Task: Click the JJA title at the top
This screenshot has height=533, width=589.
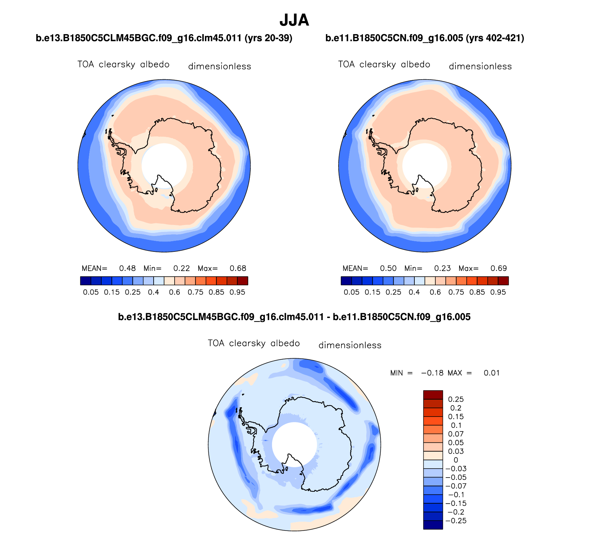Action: (x=294, y=20)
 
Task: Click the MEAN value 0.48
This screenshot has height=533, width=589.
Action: (x=127, y=268)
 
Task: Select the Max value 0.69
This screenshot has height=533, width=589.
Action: (x=498, y=268)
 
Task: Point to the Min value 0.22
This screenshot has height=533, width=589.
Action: (x=182, y=268)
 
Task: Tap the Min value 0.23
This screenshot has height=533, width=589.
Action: (x=442, y=268)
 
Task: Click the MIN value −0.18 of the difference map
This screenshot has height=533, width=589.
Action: (x=432, y=373)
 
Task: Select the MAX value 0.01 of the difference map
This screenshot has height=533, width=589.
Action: (x=492, y=373)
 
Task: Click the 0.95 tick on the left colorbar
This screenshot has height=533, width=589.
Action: (x=237, y=292)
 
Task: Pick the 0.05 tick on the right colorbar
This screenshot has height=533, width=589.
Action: (x=351, y=292)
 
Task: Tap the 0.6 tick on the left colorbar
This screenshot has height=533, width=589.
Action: (x=175, y=292)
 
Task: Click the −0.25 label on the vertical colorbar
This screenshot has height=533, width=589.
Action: (x=456, y=521)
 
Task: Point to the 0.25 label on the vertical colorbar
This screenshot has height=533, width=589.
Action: (x=456, y=399)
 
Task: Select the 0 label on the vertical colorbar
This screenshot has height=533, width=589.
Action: (x=456, y=460)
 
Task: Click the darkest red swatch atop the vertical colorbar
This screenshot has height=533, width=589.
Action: (x=433, y=394)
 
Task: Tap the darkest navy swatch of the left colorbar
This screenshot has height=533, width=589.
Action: (x=85, y=281)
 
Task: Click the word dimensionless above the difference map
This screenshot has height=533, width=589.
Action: (x=350, y=345)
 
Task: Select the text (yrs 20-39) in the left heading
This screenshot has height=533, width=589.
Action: (x=268, y=38)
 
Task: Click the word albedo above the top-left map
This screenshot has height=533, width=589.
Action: (x=155, y=64)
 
